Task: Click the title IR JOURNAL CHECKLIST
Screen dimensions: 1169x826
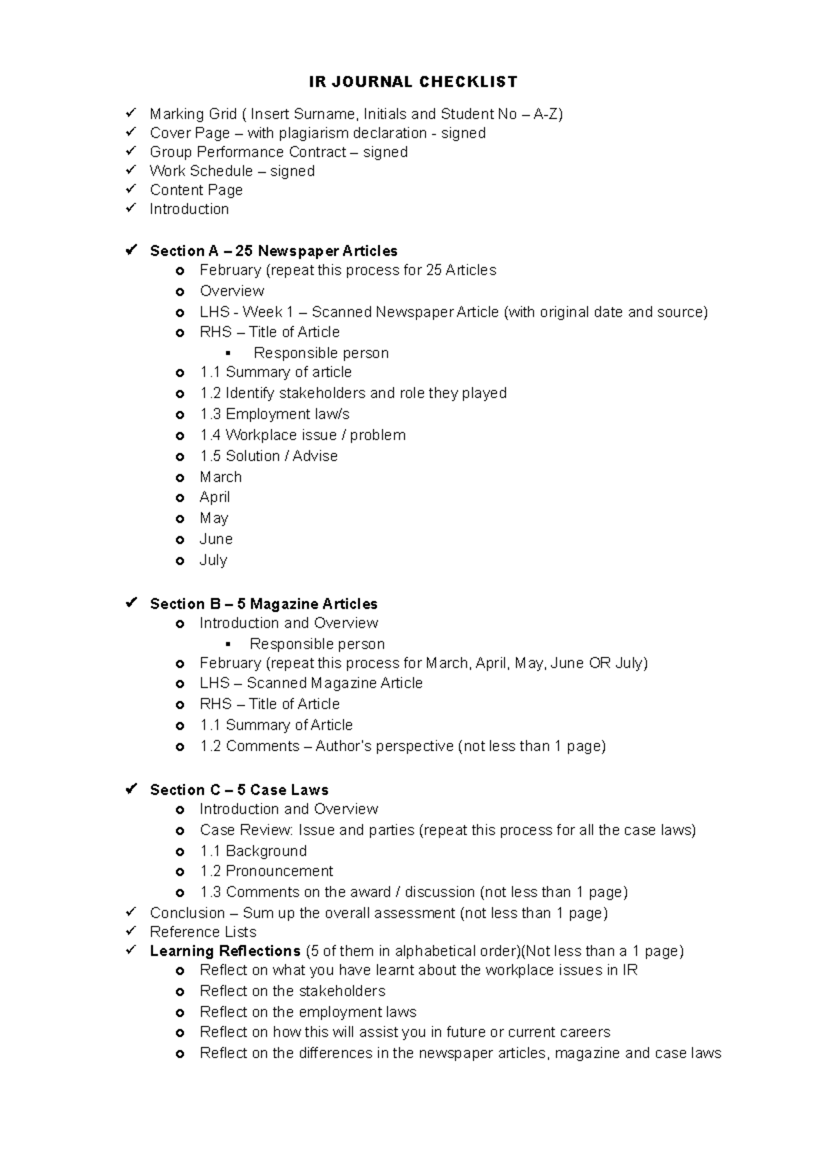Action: (413, 82)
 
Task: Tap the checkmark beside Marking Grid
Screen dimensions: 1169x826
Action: (131, 113)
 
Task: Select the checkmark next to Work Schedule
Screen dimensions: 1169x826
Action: (131, 170)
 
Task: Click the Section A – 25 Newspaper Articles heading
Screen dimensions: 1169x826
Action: (273, 251)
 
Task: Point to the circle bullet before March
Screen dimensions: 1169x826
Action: (180, 478)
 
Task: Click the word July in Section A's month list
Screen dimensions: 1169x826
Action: (213, 560)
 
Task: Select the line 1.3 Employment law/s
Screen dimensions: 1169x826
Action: (274, 414)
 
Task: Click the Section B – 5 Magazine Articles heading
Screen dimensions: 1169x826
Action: (264, 604)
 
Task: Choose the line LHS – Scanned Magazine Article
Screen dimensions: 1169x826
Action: (310, 684)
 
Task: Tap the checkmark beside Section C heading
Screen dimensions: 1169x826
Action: (131, 790)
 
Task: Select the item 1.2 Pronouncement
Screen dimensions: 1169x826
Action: (266, 872)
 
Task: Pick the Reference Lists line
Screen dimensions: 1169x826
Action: (202, 932)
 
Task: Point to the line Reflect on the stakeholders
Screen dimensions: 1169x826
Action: (292, 991)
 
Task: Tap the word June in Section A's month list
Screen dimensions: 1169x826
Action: (216, 540)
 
